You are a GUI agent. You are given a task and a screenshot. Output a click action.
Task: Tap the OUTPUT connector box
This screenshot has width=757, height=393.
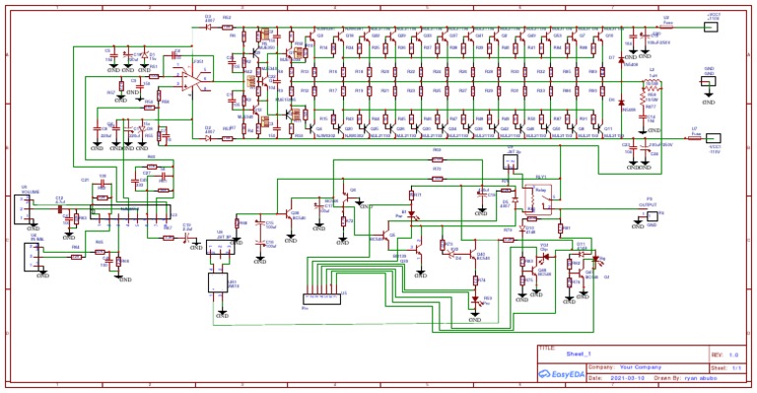coord(649,212)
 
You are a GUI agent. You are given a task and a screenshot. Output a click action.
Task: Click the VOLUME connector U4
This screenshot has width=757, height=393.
coord(22,209)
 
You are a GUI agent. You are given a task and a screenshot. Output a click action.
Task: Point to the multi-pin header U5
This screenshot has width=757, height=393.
coord(321,296)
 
